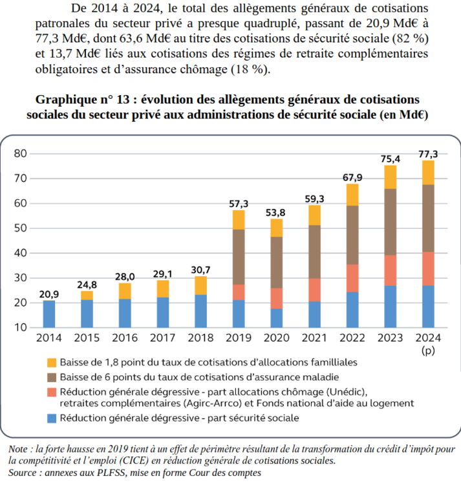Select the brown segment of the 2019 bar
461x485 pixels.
click(x=239, y=257)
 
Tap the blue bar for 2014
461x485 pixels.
click(x=49, y=314)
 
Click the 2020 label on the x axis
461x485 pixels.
click(x=277, y=338)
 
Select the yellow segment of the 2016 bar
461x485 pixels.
click(x=125, y=291)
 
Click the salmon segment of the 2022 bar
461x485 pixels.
click(x=352, y=278)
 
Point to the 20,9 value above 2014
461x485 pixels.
click(x=49, y=294)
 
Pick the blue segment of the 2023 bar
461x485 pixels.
click(x=390, y=306)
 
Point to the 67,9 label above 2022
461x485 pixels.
click(x=352, y=177)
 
